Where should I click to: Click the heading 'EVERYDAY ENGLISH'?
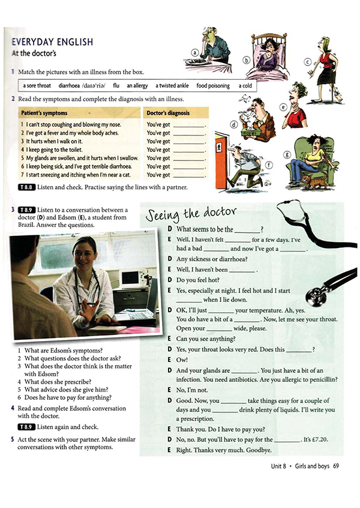coord(53,42)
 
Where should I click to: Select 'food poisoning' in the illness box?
coord(212,86)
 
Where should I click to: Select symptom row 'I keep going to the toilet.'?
coord(56,150)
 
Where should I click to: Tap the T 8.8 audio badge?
coord(28,187)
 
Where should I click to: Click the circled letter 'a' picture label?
coord(194,52)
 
